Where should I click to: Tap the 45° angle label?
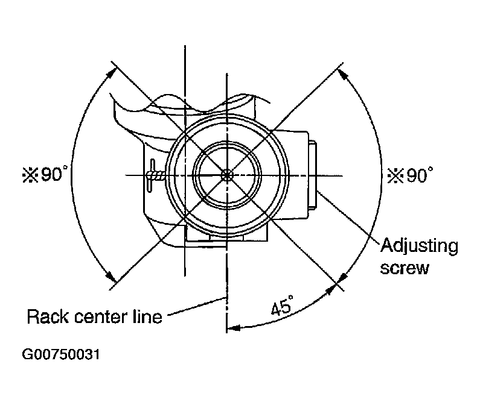pyautogui.click(x=280, y=309)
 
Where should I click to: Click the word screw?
pyautogui.click(x=404, y=268)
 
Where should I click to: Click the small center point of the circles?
pyautogui.click(x=226, y=175)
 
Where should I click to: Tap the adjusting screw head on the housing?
pyautogui.click(x=313, y=174)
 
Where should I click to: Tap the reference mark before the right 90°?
pyautogui.click(x=394, y=176)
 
